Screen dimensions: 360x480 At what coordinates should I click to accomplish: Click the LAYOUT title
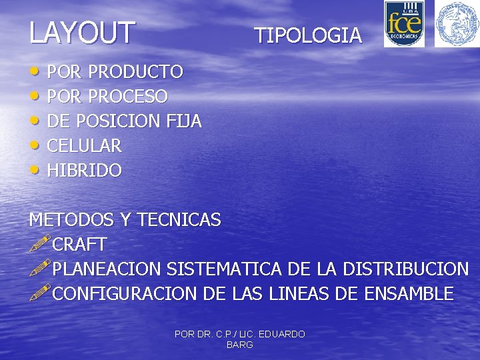[x=82, y=32]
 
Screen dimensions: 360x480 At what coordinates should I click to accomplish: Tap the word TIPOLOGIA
[x=308, y=35]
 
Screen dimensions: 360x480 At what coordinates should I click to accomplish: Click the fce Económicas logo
[x=404, y=24]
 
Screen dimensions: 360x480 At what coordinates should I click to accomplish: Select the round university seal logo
[x=457, y=24]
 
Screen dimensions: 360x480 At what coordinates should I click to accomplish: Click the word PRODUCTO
[x=135, y=71]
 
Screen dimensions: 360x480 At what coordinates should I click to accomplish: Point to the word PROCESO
[x=127, y=97]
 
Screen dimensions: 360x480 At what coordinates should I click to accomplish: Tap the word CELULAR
[x=84, y=146]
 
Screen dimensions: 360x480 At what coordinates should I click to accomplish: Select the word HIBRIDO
[x=84, y=171]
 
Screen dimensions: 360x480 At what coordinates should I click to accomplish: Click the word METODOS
[x=71, y=219]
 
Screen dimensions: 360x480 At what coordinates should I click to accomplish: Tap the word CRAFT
[x=79, y=244]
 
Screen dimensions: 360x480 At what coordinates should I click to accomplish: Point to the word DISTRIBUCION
[x=405, y=269]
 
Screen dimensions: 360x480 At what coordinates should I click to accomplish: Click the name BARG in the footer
[x=240, y=345]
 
